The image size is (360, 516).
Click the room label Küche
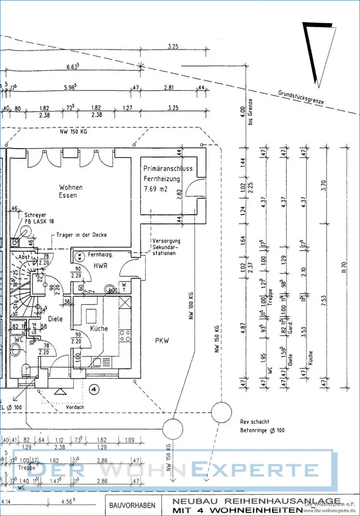click(99, 329)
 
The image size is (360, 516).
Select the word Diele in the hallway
click(55, 319)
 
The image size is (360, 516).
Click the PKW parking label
click(162, 340)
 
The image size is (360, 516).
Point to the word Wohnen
click(71, 187)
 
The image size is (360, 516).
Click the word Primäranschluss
click(168, 169)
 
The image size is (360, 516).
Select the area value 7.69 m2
click(156, 189)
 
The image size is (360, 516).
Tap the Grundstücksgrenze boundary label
click(301, 98)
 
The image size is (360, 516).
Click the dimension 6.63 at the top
click(72, 67)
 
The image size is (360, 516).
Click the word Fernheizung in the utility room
click(161, 179)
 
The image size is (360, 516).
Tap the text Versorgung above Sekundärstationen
click(166, 241)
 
